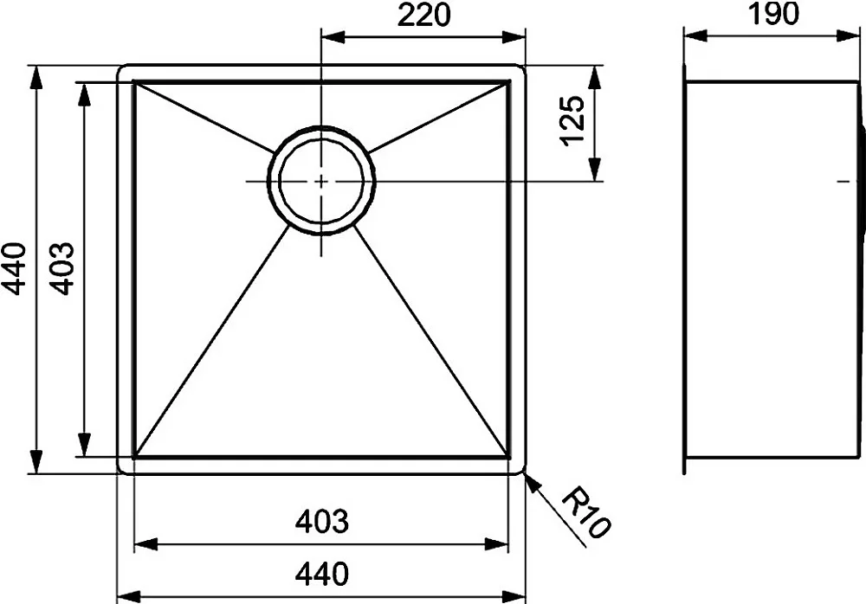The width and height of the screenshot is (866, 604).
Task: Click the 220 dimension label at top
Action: click(423, 15)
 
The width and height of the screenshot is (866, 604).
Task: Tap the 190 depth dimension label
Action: click(773, 14)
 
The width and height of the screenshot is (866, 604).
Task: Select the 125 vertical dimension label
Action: click(572, 121)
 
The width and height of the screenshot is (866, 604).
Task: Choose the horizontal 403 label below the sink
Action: click(322, 521)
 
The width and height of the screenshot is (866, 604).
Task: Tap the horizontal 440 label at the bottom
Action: click(322, 575)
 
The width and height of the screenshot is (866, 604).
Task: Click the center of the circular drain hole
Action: click(321, 181)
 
